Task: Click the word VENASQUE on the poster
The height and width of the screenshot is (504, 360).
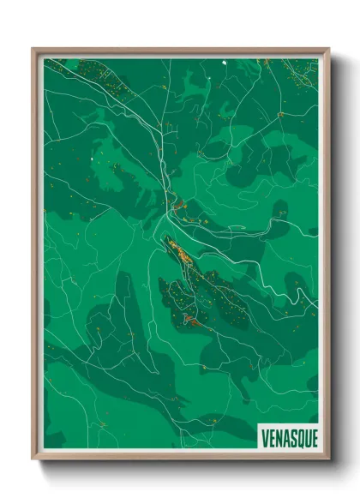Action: coord(288,435)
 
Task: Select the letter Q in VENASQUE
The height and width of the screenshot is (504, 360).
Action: coord(297,435)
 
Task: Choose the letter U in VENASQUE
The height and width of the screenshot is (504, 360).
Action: coord(303,435)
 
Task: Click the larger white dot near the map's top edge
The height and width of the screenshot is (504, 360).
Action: coord(225,63)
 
